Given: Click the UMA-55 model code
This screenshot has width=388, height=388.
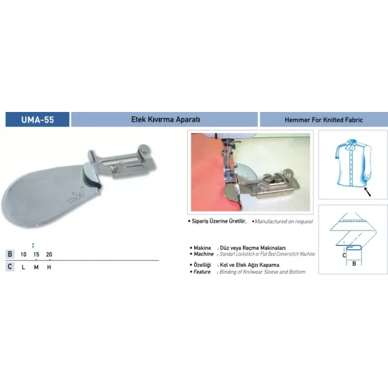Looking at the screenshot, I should coord(38,119).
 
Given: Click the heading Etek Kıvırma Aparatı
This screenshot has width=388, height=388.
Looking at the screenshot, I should coord(165,119).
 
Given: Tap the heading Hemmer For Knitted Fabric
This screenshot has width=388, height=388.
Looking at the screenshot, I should coord(323,119).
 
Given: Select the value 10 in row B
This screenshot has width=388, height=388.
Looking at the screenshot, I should coord(24,254).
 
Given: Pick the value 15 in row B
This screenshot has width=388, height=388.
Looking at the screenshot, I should coord(36,254).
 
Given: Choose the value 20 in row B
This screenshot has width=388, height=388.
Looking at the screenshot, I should coord(49,254).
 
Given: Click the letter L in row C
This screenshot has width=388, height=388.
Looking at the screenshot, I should coord(24,267).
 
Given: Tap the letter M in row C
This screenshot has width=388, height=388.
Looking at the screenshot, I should coord(36,267).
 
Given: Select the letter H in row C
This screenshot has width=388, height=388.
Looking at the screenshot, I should coord(49,267).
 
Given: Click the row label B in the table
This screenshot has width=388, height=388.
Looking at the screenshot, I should coord(9,254).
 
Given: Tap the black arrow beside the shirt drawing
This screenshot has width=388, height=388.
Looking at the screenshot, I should coord(367,192).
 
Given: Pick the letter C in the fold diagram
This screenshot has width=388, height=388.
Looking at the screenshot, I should coord(344,255).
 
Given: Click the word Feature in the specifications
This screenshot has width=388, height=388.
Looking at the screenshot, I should coord(203,272).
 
